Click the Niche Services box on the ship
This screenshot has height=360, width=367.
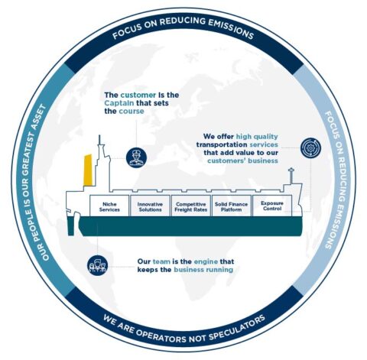click(109, 206)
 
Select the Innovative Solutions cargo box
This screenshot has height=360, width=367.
click(150, 206)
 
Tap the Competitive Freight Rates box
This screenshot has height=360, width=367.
click(190, 206)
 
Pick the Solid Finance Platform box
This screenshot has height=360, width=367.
click(230, 206)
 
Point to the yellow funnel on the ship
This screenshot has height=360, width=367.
click(89, 171)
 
